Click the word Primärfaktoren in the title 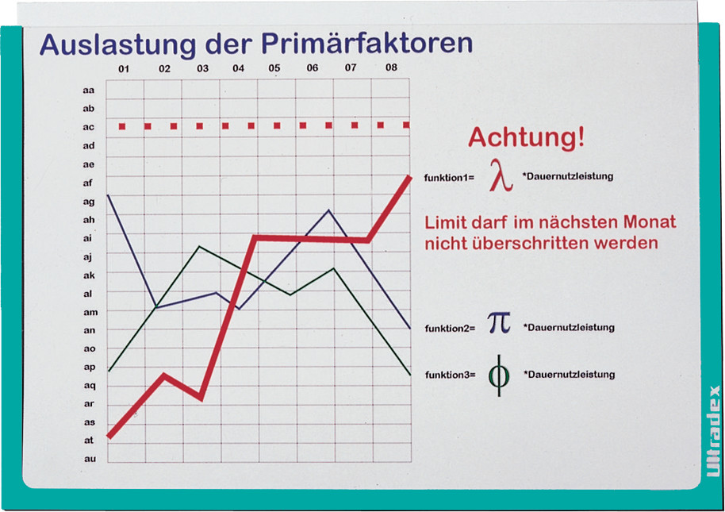[367, 43]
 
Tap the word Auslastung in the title [118, 45]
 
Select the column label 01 [124, 69]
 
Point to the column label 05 [274, 68]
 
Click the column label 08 [391, 67]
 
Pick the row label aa [88, 90]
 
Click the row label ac [88, 127]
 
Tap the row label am [90, 312]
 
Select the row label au [90, 459]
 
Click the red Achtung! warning [527, 137]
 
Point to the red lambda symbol [501, 175]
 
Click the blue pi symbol [500, 323]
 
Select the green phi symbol [499, 375]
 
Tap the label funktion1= [449, 178]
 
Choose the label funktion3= [451, 375]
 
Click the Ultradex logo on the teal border [713, 431]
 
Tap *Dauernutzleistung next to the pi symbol [569, 328]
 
